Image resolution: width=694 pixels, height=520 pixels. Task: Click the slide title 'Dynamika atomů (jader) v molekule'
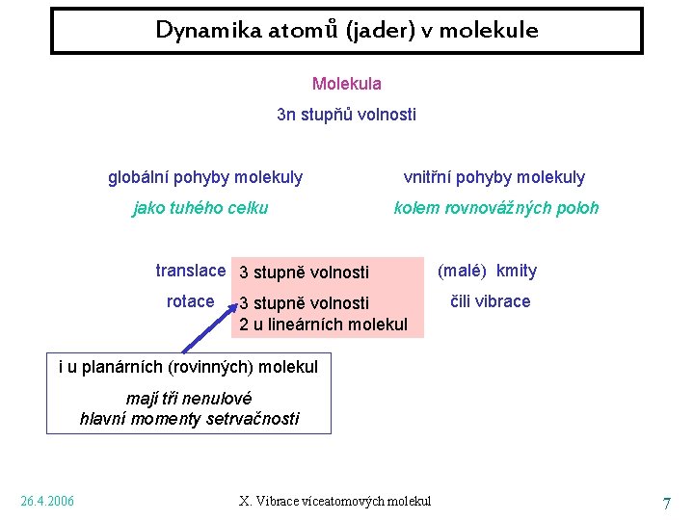pos(347,31)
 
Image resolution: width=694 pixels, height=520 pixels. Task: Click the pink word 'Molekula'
pos(346,85)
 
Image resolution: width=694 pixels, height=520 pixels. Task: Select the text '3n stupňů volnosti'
pos(346,116)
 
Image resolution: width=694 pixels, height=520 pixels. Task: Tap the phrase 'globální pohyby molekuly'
pos(205,177)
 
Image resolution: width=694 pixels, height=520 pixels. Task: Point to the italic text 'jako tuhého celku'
pos(200,208)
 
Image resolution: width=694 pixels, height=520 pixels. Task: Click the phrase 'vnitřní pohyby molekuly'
pos(494,177)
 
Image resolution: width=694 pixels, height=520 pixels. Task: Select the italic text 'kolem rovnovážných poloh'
pos(496,208)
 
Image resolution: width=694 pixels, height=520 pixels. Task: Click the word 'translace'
pos(190,271)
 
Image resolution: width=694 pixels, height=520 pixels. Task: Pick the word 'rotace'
pos(190,301)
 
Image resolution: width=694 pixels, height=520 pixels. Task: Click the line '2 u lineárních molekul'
pos(323,325)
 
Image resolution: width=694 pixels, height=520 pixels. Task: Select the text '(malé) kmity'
pos(488,271)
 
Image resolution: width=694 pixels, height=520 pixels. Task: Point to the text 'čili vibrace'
pos(491,301)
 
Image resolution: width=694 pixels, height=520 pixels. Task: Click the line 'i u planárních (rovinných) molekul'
pos(188,367)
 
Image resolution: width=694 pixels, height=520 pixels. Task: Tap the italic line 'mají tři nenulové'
pos(189,398)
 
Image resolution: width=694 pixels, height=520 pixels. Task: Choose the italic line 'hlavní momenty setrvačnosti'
pos(189,418)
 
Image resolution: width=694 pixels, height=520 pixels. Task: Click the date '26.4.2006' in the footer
pos(47,501)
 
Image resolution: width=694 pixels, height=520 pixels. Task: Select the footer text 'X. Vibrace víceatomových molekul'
pos(334,501)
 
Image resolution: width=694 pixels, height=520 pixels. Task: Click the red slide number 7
pos(666,503)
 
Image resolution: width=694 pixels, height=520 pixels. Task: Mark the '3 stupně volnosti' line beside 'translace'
pos(304,273)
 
